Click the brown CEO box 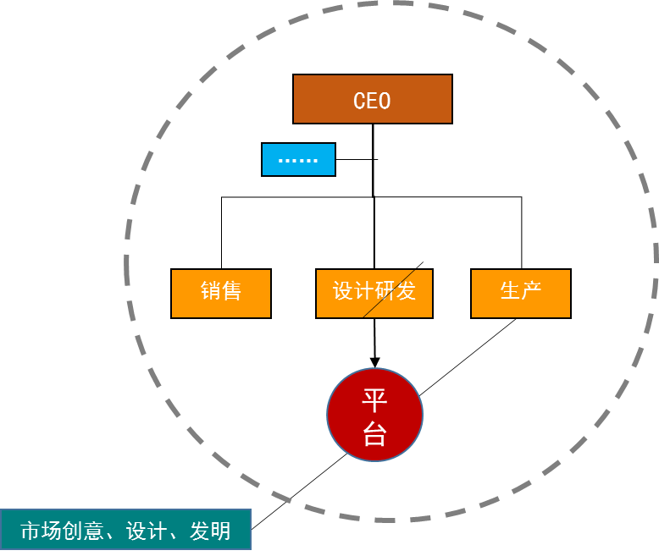point(372,99)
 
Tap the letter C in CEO point(359,101)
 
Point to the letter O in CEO point(385,101)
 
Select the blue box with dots point(298,159)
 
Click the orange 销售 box point(221,294)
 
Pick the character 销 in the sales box point(211,291)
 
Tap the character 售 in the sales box point(231,291)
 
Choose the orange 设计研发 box point(374,294)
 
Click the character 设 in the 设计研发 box point(343,291)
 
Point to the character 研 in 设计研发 point(385,291)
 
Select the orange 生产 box point(521,294)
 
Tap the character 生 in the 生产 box point(511,291)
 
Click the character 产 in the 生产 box point(531,291)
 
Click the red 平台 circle point(374,415)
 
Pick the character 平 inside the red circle point(374,399)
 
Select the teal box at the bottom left point(125,530)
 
